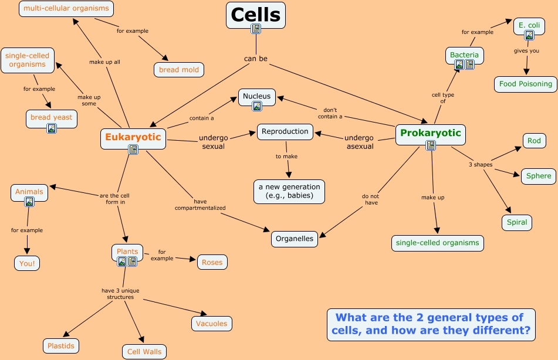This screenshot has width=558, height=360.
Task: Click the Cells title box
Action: (255, 14)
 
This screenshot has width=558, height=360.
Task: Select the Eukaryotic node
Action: (133, 137)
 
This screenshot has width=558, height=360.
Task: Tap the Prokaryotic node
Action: (431, 133)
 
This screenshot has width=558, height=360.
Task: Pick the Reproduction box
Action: (285, 131)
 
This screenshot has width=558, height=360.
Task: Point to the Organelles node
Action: (295, 239)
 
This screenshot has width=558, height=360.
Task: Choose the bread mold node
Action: (179, 70)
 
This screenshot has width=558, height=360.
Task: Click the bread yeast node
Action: (51, 117)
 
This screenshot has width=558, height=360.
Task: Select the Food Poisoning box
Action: (525, 84)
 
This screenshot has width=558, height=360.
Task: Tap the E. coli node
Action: (529, 25)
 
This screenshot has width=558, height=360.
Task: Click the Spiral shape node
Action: (517, 222)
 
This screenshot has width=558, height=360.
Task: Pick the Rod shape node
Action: (534, 141)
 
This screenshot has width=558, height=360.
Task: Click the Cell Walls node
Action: (144, 352)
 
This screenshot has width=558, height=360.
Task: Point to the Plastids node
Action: (61, 346)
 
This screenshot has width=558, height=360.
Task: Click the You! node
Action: (27, 263)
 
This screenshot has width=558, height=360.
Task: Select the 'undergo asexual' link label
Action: (359, 142)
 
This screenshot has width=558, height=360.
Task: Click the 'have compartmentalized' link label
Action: (200, 204)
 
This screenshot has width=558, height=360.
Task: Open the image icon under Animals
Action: (29, 202)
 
